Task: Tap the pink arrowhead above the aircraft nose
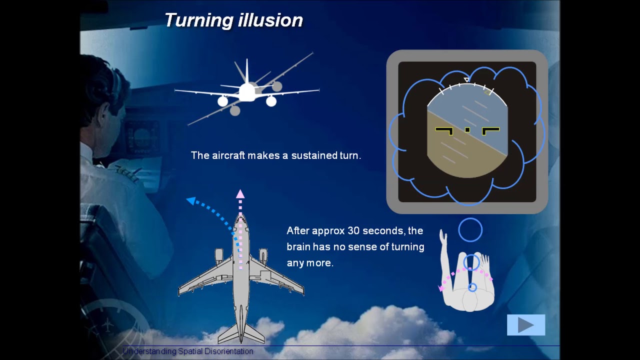coord(240,194)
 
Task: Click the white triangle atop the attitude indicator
coord(466,80)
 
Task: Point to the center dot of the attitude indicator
coord(467,130)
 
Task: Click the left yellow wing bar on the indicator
coord(444,131)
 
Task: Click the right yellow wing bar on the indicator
coord(490,131)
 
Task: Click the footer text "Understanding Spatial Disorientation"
coord(188,351)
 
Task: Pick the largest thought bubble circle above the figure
coord(470,230)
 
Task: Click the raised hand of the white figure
coord(442,239)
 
